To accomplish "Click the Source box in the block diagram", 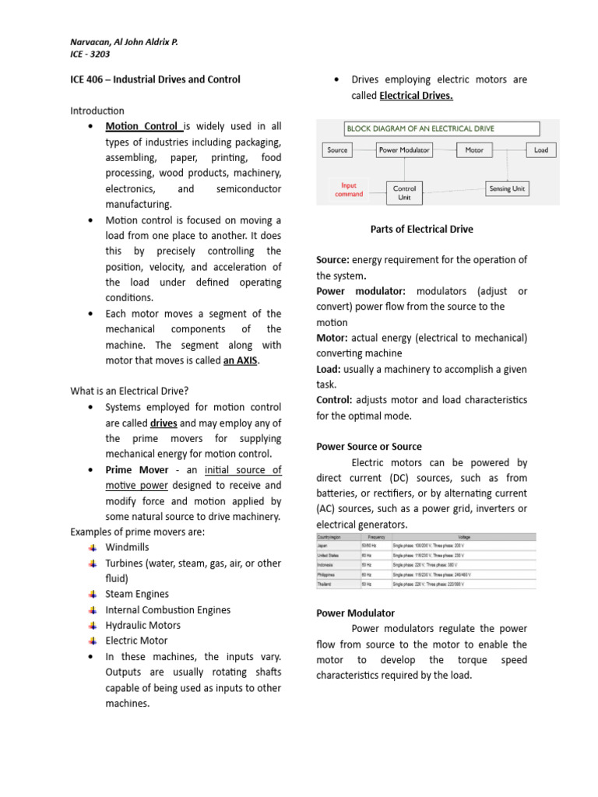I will point(337,150).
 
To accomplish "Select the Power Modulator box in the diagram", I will point(404,150).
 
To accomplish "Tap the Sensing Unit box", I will point(507,188).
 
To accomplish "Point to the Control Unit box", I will point(405,192).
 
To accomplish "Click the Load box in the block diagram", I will point(540,150).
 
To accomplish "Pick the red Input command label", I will point(349,190).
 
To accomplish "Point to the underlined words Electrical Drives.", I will point(416,96).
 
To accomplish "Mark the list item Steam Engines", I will point(137,595).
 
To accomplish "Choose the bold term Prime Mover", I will point(135,470).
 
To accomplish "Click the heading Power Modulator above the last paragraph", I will point(355,613).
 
